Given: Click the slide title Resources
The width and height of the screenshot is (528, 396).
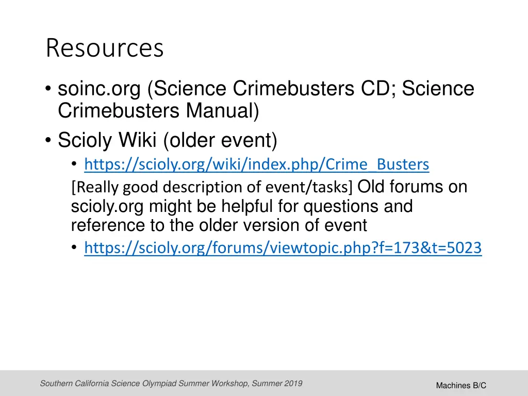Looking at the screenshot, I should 105,48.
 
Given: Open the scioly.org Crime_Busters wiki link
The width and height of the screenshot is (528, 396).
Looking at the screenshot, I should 256,164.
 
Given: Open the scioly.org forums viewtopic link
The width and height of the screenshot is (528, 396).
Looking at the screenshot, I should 283,249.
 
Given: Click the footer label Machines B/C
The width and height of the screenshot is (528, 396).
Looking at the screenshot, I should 461,386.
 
